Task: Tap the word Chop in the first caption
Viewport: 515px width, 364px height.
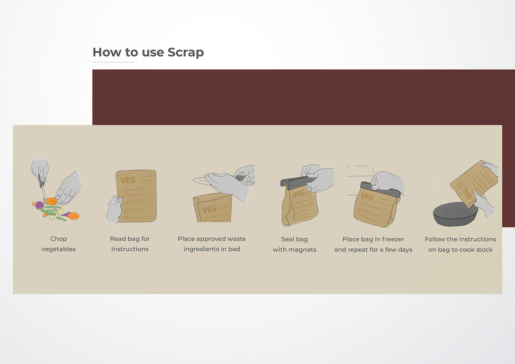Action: tap(59, 239)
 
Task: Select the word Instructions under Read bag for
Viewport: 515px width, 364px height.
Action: tap(130, 249)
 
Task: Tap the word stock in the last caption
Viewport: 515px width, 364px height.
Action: tap(484, 250)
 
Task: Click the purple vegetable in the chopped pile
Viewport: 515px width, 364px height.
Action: tap(39, 205)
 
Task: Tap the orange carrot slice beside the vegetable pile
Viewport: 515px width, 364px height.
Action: tap(74, 216)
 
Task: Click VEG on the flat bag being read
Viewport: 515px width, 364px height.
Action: tap(128, 180)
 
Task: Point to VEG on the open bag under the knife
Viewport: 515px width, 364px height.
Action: tap(209, 209)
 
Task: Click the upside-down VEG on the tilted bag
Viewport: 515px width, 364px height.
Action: tap(467, 193)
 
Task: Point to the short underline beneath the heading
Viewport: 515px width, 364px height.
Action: tap(114, 62)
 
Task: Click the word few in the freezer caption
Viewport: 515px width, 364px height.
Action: tap(391, 250)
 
